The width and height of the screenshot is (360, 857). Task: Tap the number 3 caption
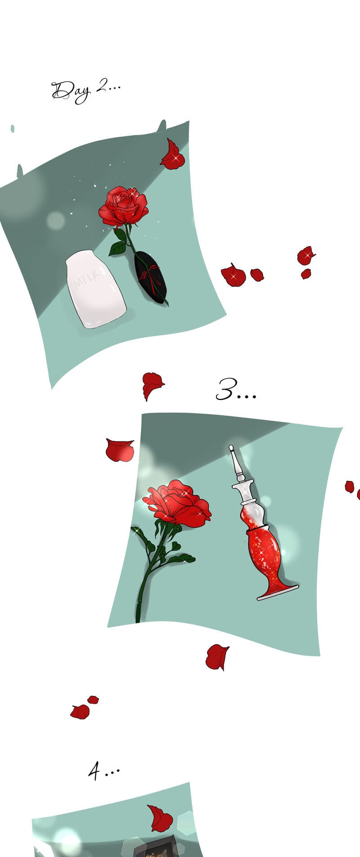236,390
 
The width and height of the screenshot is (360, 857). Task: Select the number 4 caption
104,772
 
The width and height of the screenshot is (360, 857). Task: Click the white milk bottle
95,289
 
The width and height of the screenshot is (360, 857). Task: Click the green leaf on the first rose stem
118,248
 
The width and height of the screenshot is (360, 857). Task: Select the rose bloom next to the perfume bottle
176,504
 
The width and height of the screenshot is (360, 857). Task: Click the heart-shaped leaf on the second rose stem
175,546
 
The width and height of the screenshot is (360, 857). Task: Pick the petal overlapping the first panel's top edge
172,155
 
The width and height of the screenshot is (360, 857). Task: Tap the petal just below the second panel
217,657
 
